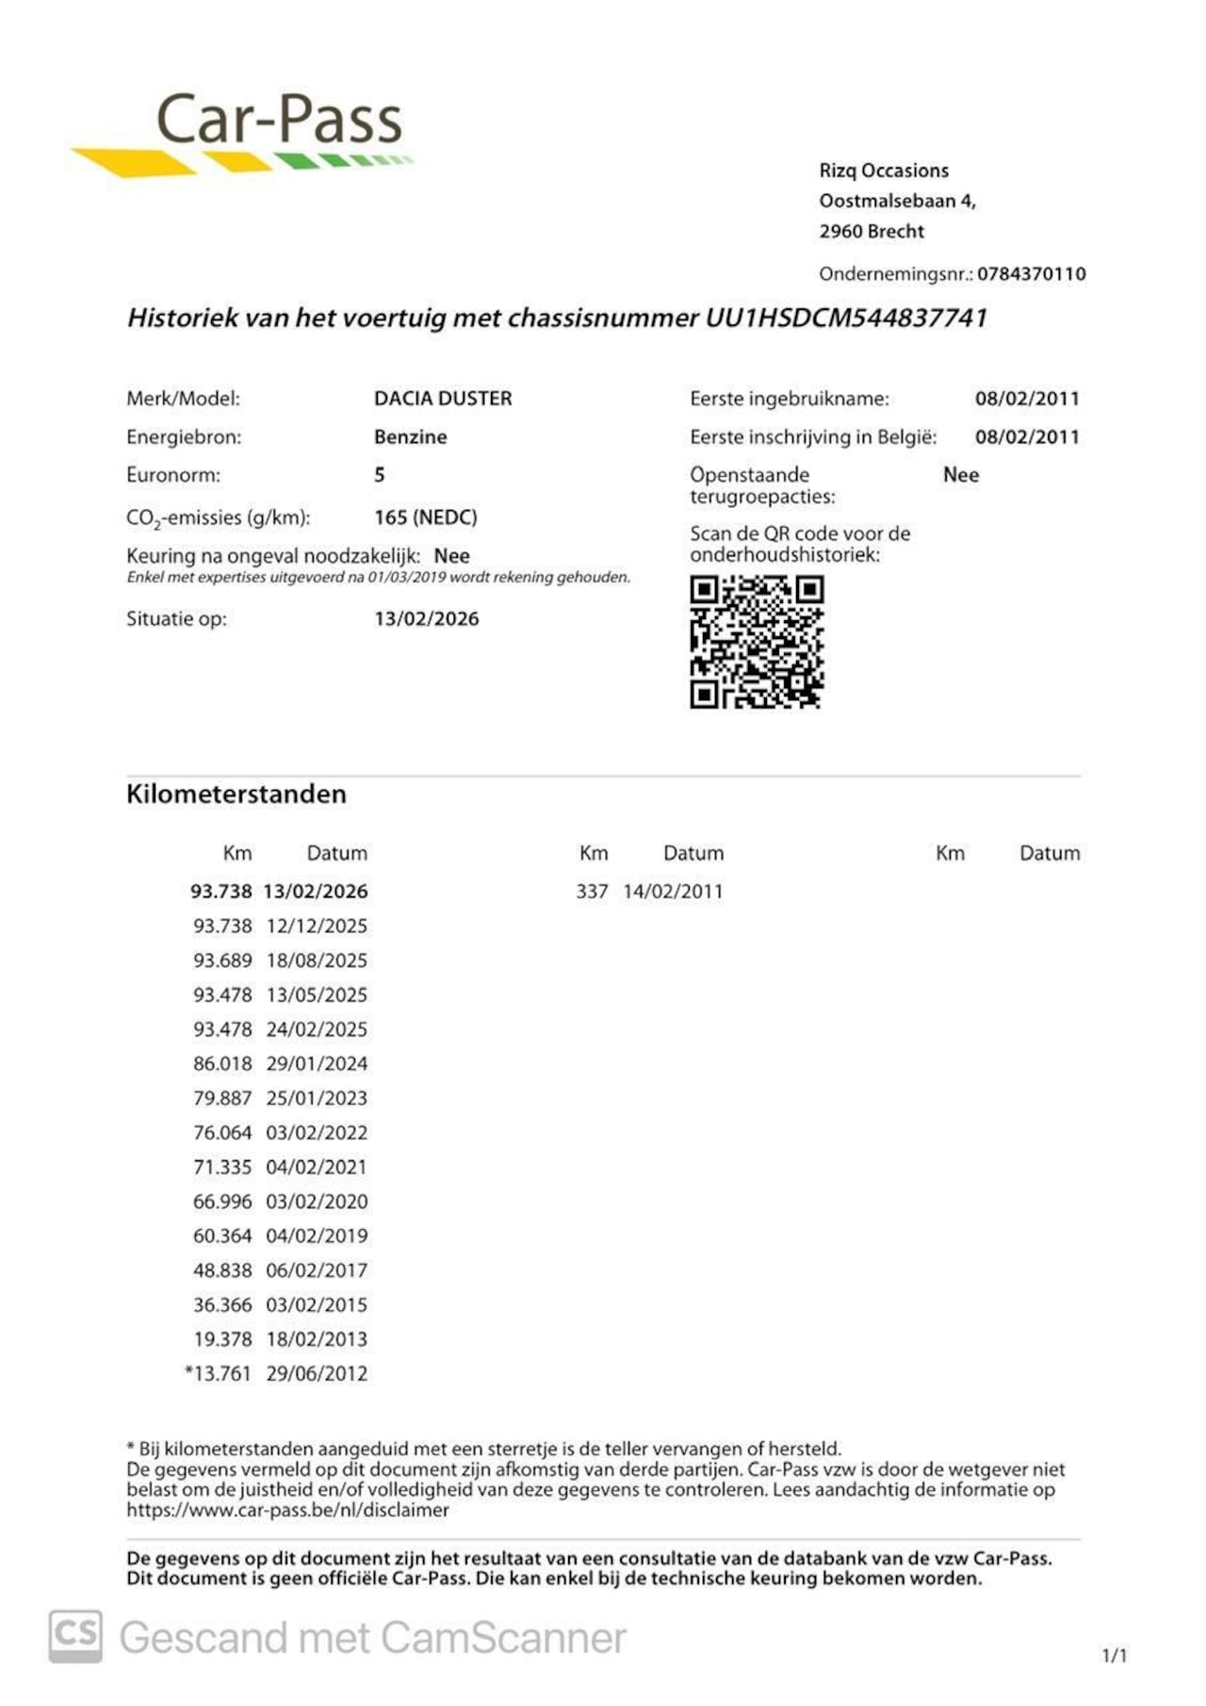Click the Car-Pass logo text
click(x=279, y=121)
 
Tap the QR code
click(x=757, y=642)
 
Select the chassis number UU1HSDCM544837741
click(x=846, y=318)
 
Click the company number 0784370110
click(x=1031, y=274)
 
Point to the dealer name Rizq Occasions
click(x=883, y=171)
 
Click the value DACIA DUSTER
click(x=443, y=399)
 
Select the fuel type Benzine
click(x=410, y=437)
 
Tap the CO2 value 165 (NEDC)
click(x=425, y=517)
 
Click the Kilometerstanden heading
click(x=236, y=794)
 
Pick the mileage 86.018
click(x=222, y=1064)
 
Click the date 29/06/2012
click(x=317, y=1374)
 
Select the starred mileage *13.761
click(x=219, y=1374)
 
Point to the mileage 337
click(x=592, y=892)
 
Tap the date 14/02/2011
click(x=673, y=892)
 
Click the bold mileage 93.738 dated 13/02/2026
click(x=221, y=892)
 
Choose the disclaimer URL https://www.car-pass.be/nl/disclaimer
click(x=287, y=1510)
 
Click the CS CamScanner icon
click(x=75, y=1636)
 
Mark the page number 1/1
click(x=1114, y=1655)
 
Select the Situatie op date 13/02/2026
click(x=426, y=619)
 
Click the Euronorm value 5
click(x=379, y=475)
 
